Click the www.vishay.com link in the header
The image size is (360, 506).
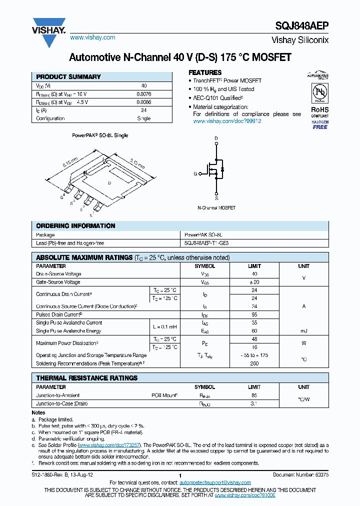point(92,37)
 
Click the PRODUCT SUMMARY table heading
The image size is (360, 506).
point(68,77)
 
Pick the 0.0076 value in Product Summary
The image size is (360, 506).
point(143,94)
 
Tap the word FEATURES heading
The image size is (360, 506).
point(204,72)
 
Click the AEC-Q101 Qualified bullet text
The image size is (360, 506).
point(218,98)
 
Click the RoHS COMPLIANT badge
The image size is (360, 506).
point(319,111)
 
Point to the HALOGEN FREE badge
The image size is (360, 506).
point(319,125)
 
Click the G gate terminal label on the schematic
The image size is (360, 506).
point(195,174)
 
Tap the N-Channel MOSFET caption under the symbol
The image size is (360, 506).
point(216,207)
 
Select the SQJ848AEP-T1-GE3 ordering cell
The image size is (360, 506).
point(206,242)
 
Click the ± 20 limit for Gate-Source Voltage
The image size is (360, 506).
point(254,282)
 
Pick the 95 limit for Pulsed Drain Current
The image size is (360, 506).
point(254,314)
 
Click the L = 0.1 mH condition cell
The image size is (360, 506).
point(164,326)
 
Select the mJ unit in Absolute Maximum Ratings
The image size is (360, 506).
point(303,330)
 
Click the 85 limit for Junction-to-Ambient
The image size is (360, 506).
point(254,395)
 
